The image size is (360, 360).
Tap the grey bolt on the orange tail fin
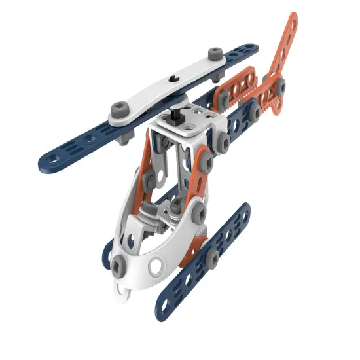281,86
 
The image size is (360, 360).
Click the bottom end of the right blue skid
164,304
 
